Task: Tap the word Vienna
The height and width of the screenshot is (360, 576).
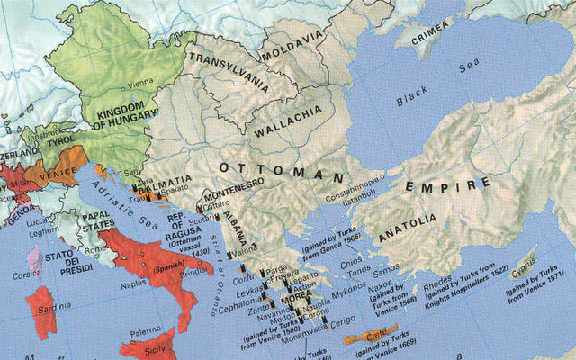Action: (x=140, y=83)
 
